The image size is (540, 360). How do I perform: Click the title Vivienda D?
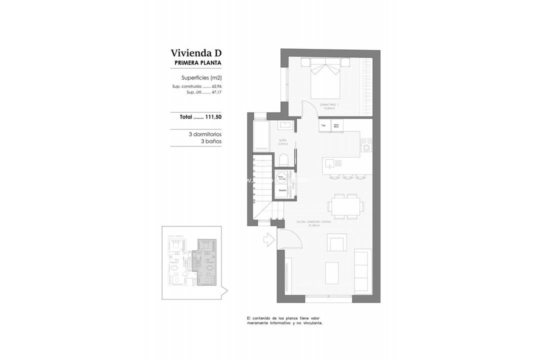(x=195, y=53)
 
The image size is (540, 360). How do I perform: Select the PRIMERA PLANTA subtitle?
(x=197, y=63)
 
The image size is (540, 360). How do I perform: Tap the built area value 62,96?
(x=216, y=86)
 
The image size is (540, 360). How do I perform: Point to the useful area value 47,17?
(x=216, y=92)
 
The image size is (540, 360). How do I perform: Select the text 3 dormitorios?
(x=205, y=134)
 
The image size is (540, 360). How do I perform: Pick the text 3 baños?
(x=211, y=141)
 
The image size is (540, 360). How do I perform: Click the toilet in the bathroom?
(x=283, y=159)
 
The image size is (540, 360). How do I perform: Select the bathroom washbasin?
(x=287, y=124)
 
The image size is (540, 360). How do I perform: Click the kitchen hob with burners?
(x=366, y=144)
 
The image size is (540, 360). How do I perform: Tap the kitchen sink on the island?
(x=330, y=162)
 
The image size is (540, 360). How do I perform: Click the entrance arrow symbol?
(x=268, y=239)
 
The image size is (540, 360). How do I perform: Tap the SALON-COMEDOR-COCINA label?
(x=306, y=223)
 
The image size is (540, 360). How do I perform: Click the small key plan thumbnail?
(x=193, y=262)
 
